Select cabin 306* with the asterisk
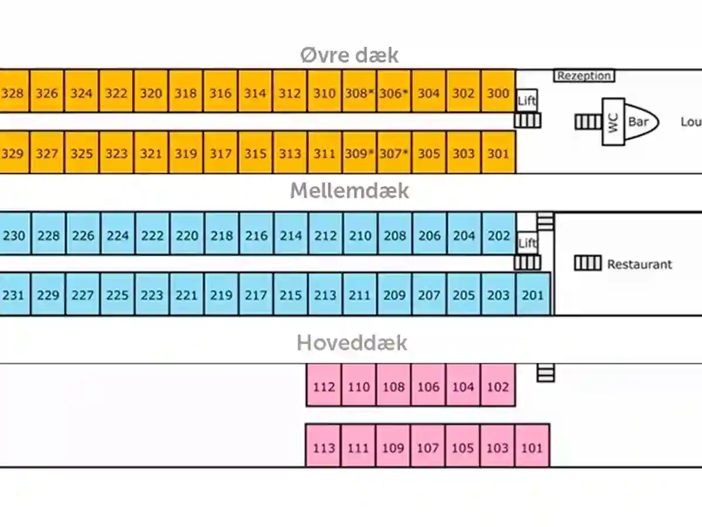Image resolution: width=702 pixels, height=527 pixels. coord(394,91)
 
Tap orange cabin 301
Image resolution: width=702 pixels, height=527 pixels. coord(498,152)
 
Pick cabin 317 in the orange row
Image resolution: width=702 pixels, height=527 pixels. coord(221,152)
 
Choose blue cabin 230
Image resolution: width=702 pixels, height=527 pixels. coord(15,234)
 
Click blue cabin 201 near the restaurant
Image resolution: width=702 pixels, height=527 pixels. coord(533,294)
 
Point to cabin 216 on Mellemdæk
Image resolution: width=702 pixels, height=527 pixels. coord(256,234)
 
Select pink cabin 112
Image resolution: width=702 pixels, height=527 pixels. coord(324,385)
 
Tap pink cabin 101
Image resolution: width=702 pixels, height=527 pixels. coord(532,446)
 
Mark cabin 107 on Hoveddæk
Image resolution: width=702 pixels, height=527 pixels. coord(428,446)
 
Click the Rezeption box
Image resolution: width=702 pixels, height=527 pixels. coord(584,76)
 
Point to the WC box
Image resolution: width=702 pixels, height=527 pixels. coord(614,122)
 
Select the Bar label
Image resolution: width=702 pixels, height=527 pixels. coord(638,122)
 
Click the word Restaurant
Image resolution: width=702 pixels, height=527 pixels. coord(639,265)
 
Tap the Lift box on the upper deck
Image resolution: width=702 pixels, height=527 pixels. coord(527,101)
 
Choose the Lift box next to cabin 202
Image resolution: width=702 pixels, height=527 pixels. coord(527,243)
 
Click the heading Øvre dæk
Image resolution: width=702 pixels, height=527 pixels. coord(349,56)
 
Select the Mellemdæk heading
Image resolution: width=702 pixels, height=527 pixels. coord(349,191)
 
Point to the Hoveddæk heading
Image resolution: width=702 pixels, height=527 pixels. coord(352,343)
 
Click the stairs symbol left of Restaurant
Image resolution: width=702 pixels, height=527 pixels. coord(588,263)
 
